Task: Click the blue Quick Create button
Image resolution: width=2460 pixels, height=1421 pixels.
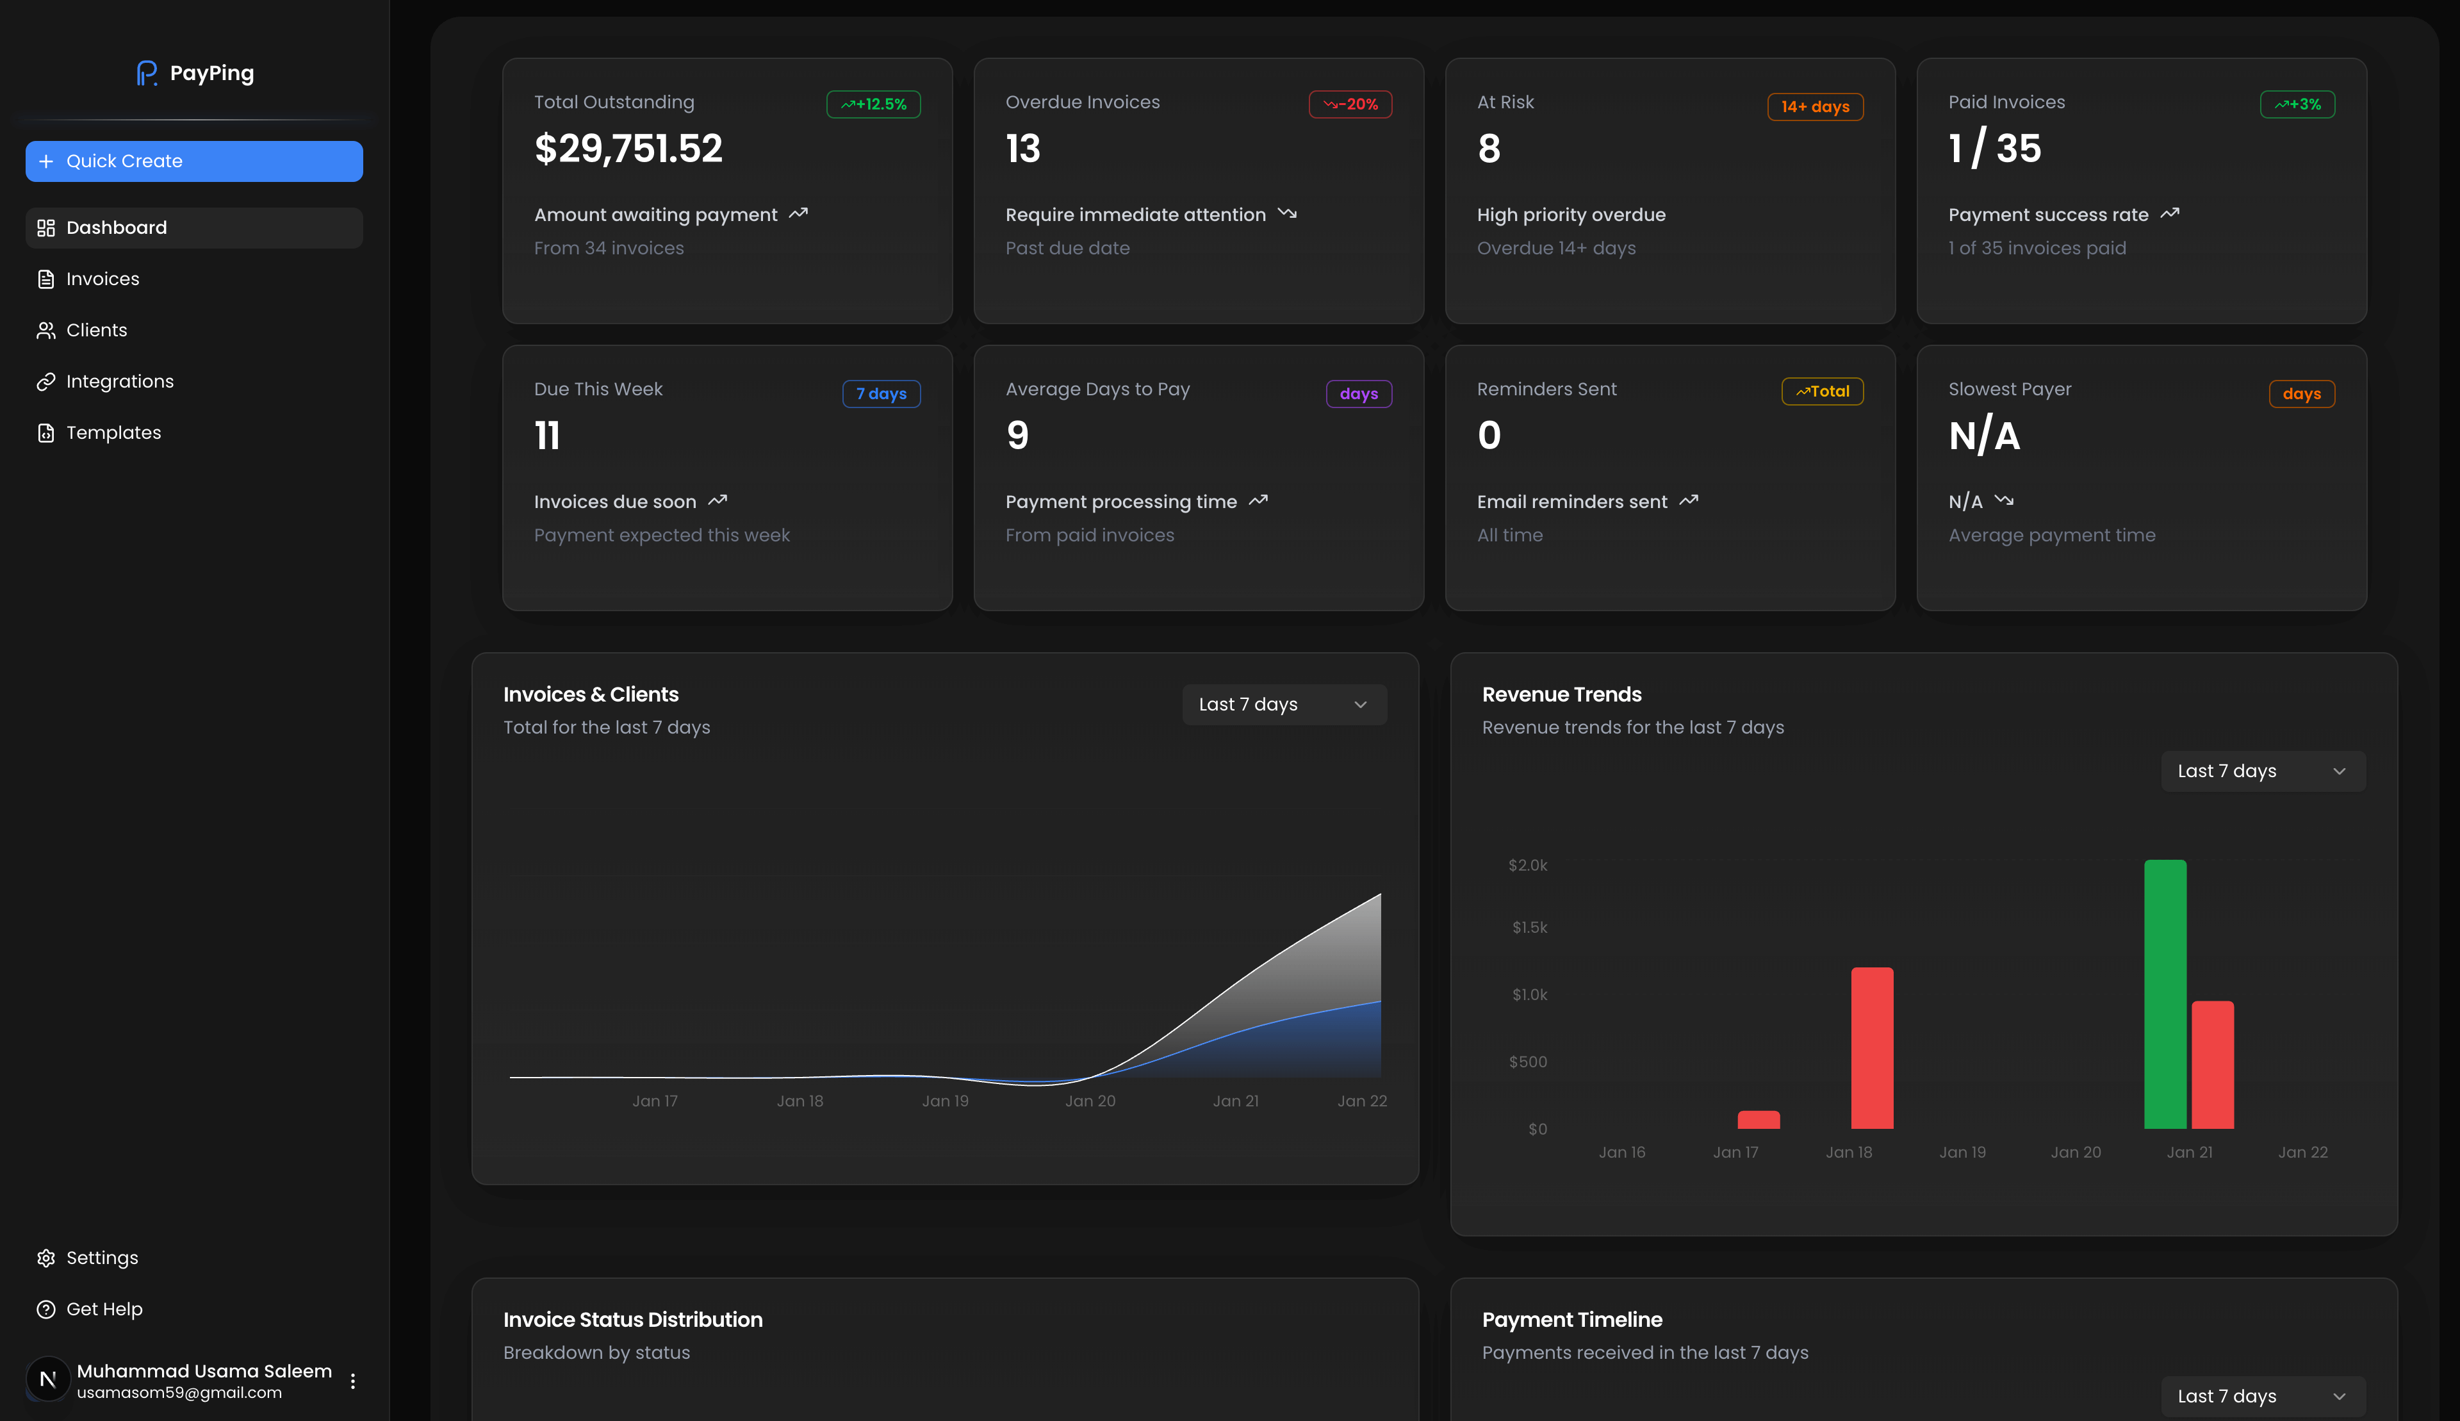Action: (194, 161)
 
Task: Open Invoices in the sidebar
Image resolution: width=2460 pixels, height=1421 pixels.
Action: (102, 279)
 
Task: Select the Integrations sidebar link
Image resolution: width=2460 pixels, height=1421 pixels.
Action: (119, 382)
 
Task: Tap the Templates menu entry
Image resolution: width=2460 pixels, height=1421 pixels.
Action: (113, 432)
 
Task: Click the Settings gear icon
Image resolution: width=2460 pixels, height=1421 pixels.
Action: (46, 1258)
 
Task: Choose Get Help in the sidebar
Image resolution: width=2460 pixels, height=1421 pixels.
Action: (103, 1309)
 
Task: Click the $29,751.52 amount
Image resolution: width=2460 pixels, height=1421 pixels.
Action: (628, 149)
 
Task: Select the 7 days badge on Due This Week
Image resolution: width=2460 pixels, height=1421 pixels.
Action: (881, 394)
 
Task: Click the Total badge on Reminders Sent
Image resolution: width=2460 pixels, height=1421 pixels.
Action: (1822, 391)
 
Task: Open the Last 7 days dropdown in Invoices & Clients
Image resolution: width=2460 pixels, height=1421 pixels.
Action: (1284, 705)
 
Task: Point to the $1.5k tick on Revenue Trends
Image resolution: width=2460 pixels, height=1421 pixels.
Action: (1529, 927)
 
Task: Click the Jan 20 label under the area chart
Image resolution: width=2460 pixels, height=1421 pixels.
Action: (1090, 1101)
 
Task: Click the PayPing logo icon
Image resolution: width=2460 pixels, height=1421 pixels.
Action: (146, 73)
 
